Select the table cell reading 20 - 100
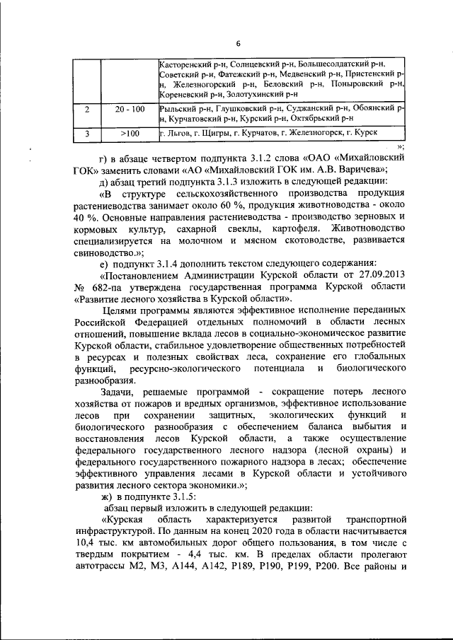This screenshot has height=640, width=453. pyautogui.click(x=128, y=109)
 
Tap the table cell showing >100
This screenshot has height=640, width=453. pyautogui.click(x=129, y=133)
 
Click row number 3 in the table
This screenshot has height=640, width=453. pyautogui.click(x=86, y=133)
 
